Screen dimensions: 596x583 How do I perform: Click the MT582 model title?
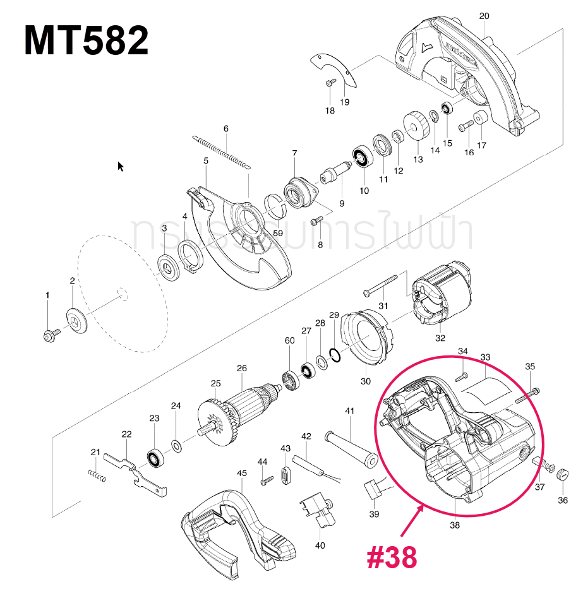86,41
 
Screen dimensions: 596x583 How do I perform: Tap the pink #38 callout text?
392,557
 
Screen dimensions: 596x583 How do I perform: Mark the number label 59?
277,233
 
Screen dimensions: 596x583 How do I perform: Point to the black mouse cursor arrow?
121,166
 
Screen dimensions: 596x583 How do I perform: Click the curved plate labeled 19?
335,69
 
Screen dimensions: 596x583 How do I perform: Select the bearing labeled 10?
363,159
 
